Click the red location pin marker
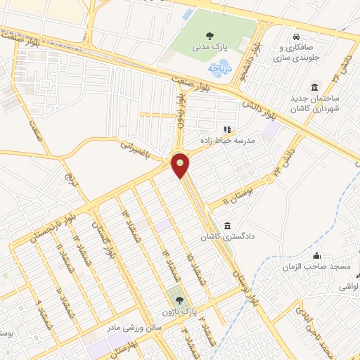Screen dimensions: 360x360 click(181, 165)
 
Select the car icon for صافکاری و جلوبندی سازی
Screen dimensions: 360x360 click(298, 36)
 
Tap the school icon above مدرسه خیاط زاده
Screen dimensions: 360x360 click(226, 129)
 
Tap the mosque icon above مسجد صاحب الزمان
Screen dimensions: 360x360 click(317, 255)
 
